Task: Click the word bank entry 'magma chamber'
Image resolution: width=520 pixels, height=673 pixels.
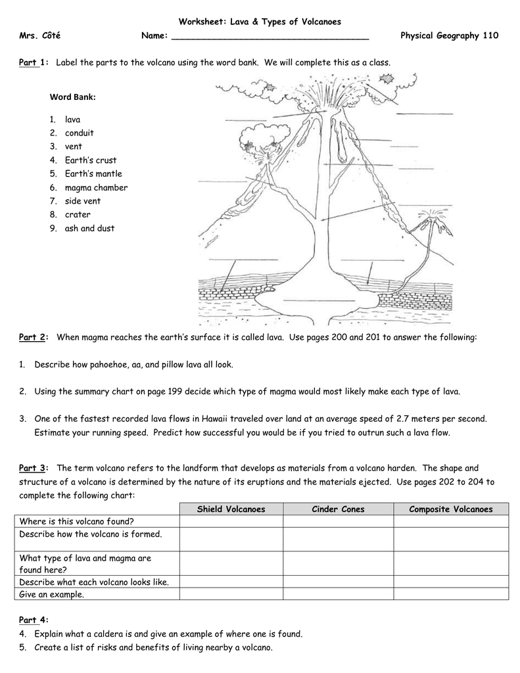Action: coord(96,188)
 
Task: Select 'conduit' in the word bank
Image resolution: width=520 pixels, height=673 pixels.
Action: coord(79,133)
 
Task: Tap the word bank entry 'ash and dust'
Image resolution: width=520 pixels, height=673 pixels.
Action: coord(89,229)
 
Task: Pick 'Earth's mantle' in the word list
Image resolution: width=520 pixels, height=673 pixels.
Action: coord(93,174)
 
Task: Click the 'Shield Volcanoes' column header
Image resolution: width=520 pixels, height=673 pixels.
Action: coord(231,509)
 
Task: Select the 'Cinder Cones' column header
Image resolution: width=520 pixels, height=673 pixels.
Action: coord(338,509)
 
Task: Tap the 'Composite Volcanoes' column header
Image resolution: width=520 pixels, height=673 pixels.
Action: coord(450,509)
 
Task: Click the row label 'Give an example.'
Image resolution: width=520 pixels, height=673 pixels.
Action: coord(52,594)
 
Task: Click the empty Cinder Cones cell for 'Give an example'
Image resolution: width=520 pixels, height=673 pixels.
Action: coord(338,594)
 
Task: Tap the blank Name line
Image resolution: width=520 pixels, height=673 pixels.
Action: coord(270,36)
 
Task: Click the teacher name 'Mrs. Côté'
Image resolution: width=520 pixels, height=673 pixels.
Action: coord(40,35)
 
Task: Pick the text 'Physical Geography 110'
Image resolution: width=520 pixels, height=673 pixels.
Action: coord(449,35)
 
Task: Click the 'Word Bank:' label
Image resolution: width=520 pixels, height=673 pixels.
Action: coord(73,97)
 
